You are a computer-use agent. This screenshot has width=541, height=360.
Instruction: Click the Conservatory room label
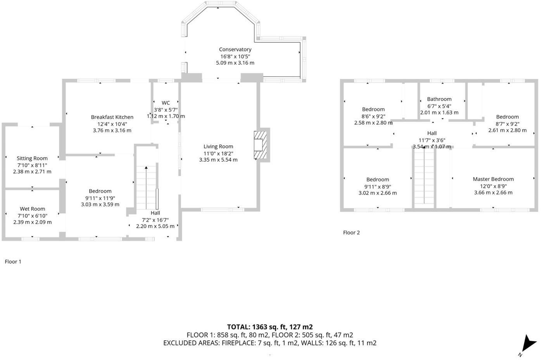coord(235,49)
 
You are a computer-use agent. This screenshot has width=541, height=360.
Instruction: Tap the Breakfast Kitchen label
coord(112,117)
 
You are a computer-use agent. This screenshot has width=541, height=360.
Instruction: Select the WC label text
coord(166,103)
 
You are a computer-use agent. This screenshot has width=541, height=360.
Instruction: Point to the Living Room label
coord(218,146)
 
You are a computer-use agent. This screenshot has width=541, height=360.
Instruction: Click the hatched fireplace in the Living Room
coord(260,145)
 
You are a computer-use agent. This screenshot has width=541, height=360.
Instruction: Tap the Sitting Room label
coord(32,158)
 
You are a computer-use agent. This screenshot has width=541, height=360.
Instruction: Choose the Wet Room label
coord(33,209)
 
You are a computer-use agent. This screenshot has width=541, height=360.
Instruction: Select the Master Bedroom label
coord(493,179)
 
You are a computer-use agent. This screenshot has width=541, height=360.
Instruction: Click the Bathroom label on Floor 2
coord(439,99)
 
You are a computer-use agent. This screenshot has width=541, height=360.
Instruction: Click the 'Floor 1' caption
coord(13,261)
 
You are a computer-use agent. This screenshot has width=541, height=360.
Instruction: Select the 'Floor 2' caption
coord(351,232)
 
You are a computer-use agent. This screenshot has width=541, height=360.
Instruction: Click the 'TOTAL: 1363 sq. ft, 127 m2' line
coord(270,327)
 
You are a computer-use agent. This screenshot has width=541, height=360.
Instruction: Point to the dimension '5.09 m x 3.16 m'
coord(235,62)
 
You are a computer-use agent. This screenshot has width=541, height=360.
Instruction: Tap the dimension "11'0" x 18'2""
coord(218,153)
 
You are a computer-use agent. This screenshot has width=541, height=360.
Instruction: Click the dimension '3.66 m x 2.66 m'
coord(493,192)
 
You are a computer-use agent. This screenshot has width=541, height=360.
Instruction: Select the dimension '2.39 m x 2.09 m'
coord(33,222)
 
